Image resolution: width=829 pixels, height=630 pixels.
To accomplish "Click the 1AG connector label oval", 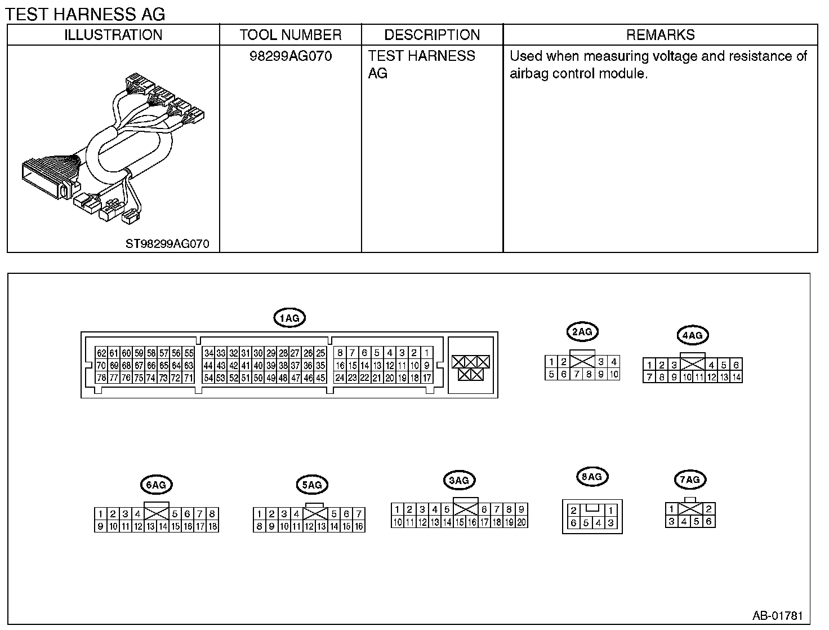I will tap(289, 318).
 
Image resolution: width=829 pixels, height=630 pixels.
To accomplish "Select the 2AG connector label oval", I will tap(582, 332).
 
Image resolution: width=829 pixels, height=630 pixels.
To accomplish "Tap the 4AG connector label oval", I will tap(692, 336).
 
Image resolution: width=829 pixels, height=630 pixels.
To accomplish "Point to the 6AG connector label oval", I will tap(155, 485).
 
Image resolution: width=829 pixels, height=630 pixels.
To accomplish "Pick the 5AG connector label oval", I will tap(311, 485).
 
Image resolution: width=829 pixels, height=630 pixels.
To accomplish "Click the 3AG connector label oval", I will tap(459, 481).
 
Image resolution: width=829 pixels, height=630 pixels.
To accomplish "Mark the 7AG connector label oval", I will tap(690, 480).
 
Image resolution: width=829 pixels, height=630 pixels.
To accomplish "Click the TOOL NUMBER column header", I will tap(291, 35).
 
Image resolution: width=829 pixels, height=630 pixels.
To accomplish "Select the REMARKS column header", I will tap(660, 35).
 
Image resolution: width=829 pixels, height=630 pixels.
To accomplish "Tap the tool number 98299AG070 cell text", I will tap(291, 56).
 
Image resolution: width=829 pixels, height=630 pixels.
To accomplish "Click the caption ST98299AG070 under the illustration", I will tap(167, 244).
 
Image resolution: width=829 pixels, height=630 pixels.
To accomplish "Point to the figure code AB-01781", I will tap(778, 615).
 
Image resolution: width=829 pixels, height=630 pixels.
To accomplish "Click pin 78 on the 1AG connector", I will tap(101, 378).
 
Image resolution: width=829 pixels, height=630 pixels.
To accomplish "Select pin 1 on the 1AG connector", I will tap(427, 353).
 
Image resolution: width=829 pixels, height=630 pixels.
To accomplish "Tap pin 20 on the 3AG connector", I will tap(522, 522).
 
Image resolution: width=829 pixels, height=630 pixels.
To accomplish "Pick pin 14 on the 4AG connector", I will tap(736, 378).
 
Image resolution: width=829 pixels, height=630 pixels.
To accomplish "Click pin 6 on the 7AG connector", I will tap(708, 522).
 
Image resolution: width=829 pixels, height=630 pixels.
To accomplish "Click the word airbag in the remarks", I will tap(528, 74).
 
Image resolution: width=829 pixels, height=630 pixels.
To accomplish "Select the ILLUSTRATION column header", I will tap(113, 35).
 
